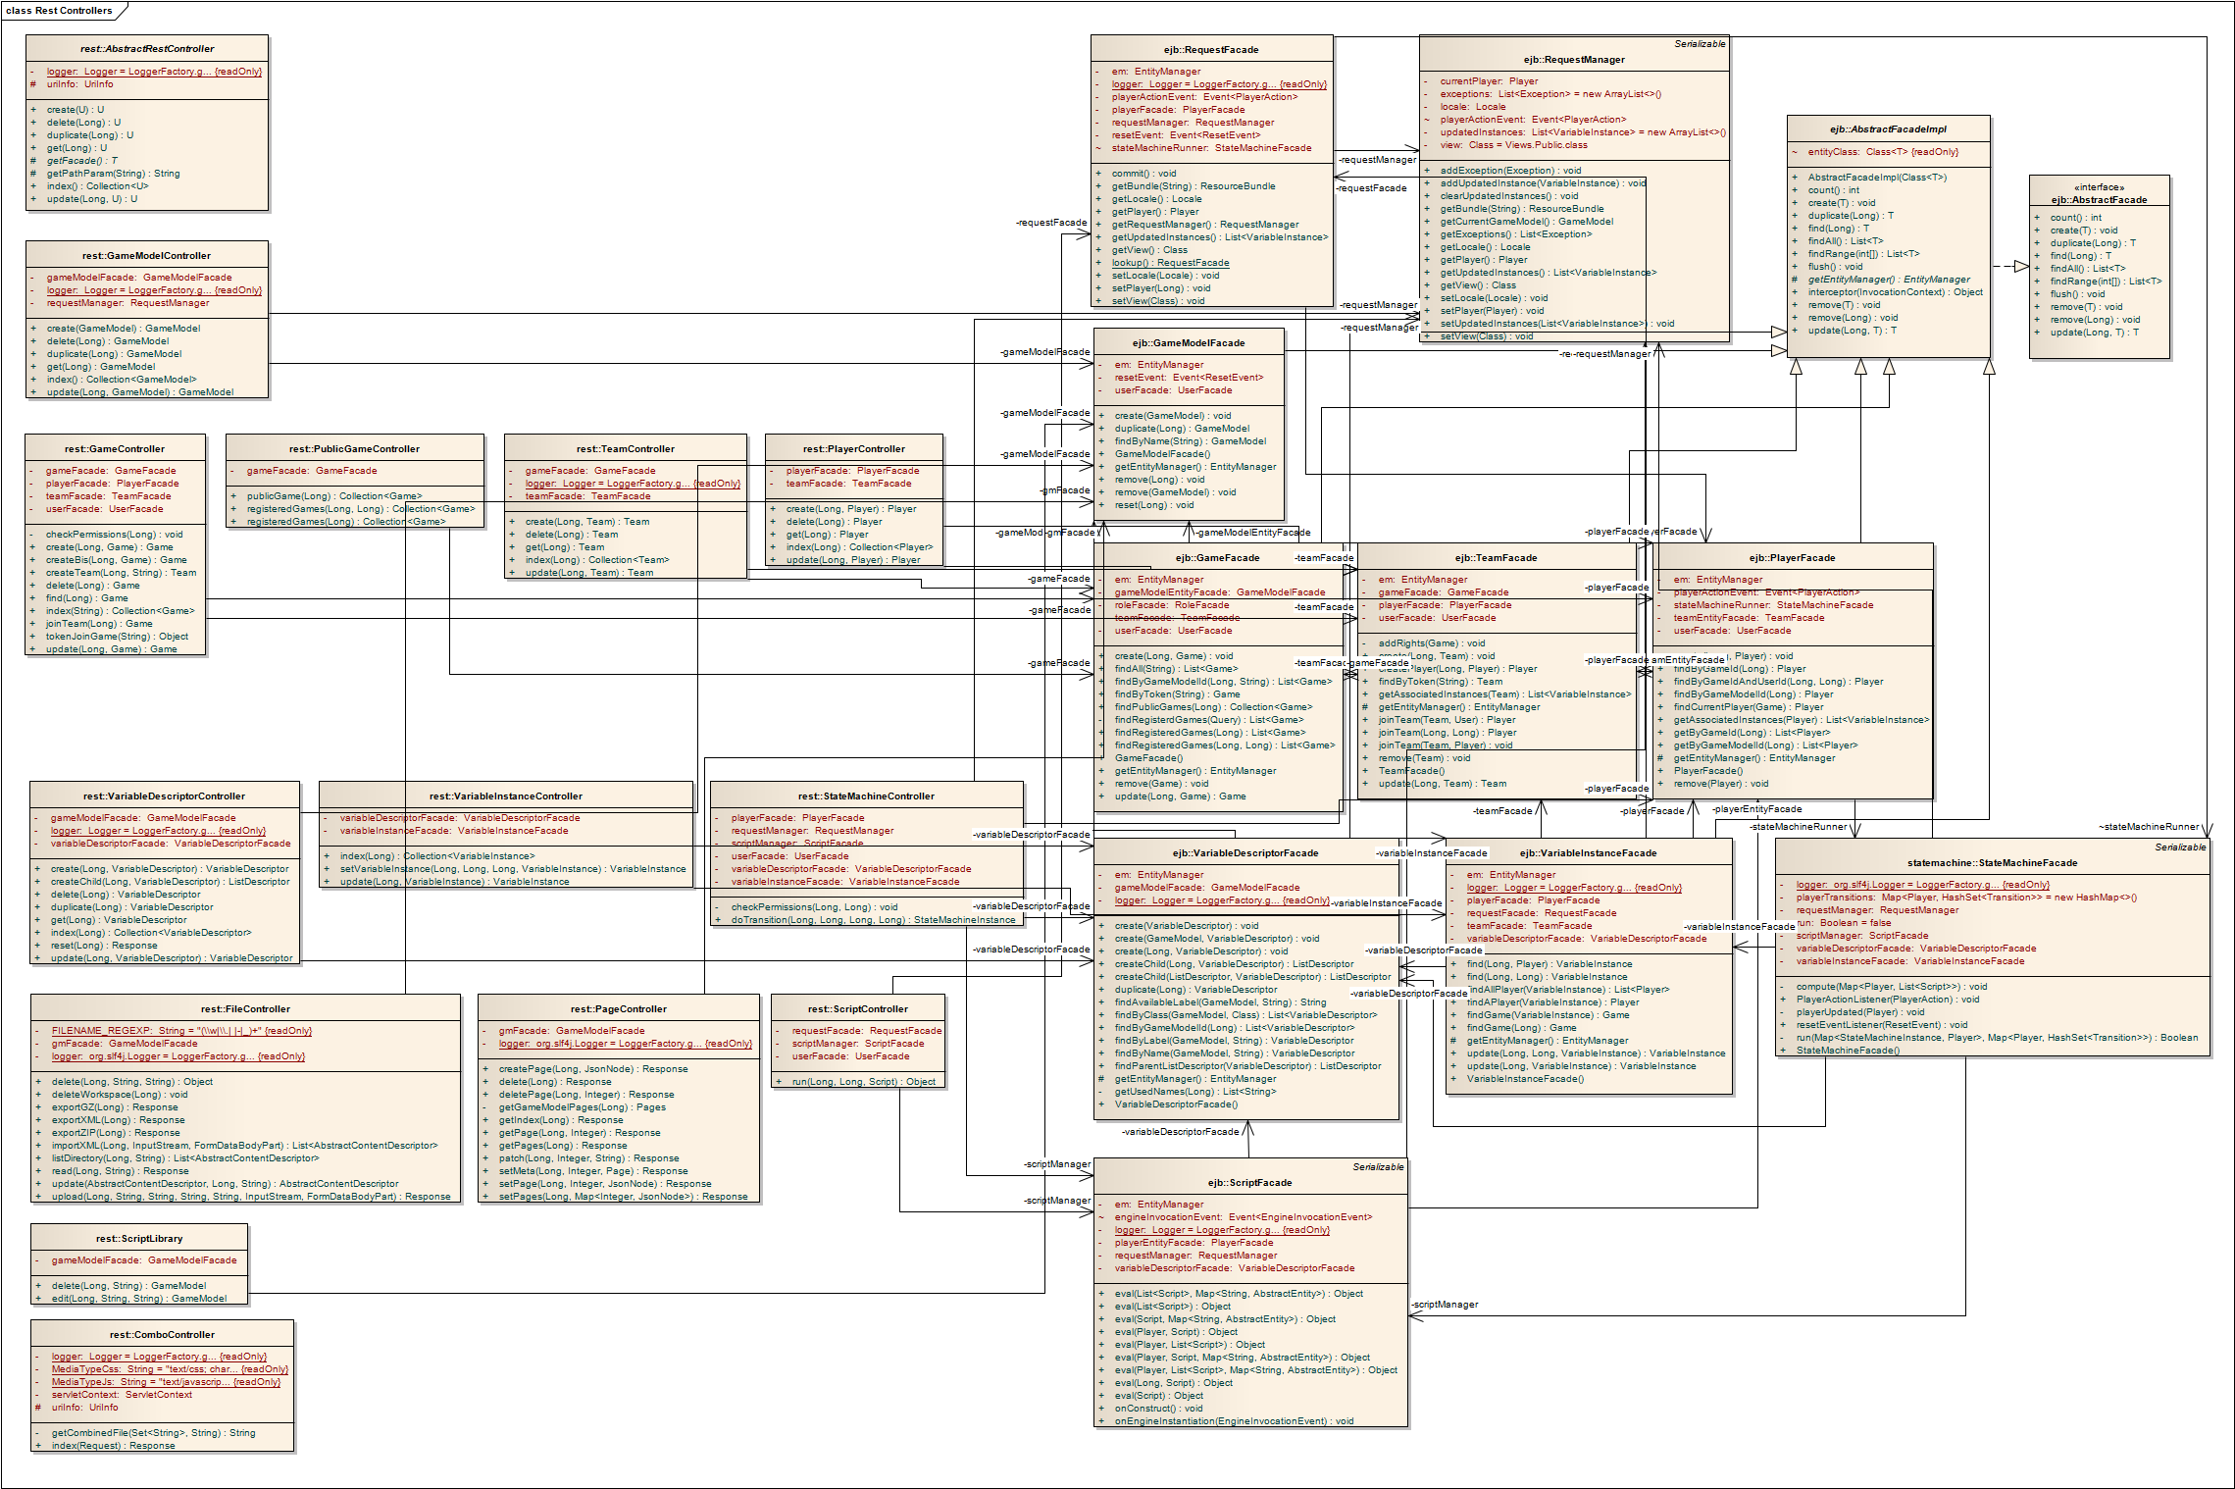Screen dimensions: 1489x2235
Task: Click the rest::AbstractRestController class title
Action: [x=147, y=49]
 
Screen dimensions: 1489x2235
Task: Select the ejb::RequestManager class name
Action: [x=1574, y=60]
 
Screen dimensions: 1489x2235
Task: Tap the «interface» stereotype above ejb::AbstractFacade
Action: [x=2099, y=187]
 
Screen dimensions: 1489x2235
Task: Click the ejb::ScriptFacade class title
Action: [x=1249, y=1183]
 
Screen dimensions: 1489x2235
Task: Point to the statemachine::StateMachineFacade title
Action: [x=1992, y=863]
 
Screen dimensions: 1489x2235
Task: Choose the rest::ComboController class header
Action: [x=162, y=1335]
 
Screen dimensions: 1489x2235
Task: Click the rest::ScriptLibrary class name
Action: [x=139, y=1239]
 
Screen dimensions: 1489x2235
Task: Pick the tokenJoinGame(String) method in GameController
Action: [x=117, y=637]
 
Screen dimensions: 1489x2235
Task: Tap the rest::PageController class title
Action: [x=618, y=1009]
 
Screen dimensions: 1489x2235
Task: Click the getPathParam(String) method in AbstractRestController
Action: [x=113, y=174]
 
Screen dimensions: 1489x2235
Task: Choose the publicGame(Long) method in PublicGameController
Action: [x=333, y=496]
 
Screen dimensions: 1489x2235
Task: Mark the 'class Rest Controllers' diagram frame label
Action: [x=59, y=11]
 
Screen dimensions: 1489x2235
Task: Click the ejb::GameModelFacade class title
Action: [x=1188, y=343]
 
